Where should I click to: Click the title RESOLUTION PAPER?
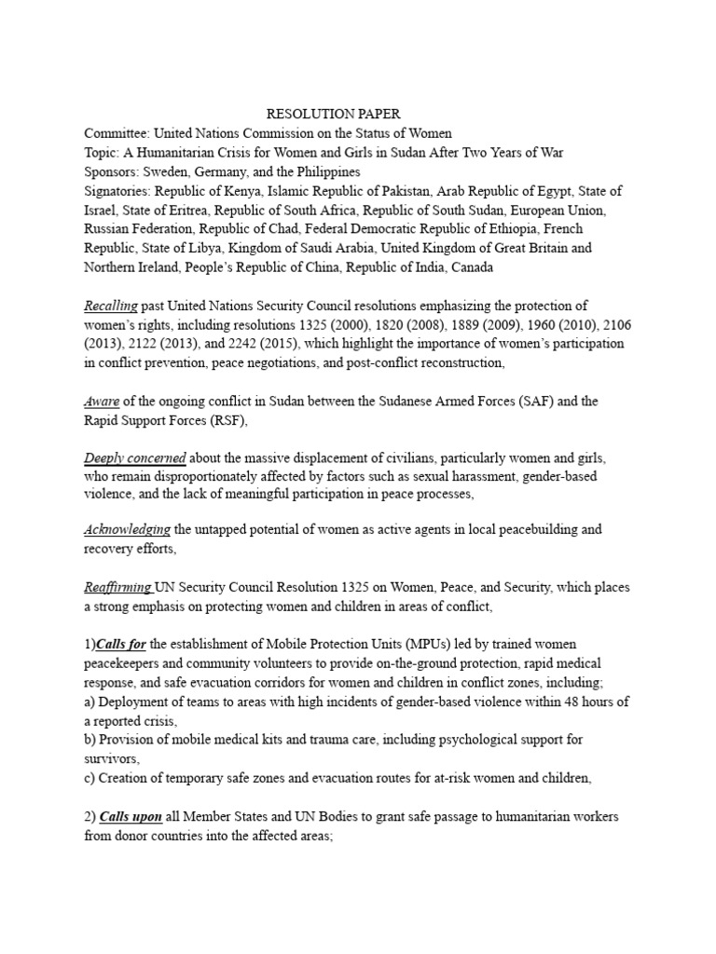click(x=333, y=114)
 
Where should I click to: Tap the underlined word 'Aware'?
click(x=101, y=402)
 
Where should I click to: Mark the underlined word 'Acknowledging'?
click(x=127, y=529)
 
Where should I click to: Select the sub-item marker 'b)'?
click(x=90, y=740)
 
